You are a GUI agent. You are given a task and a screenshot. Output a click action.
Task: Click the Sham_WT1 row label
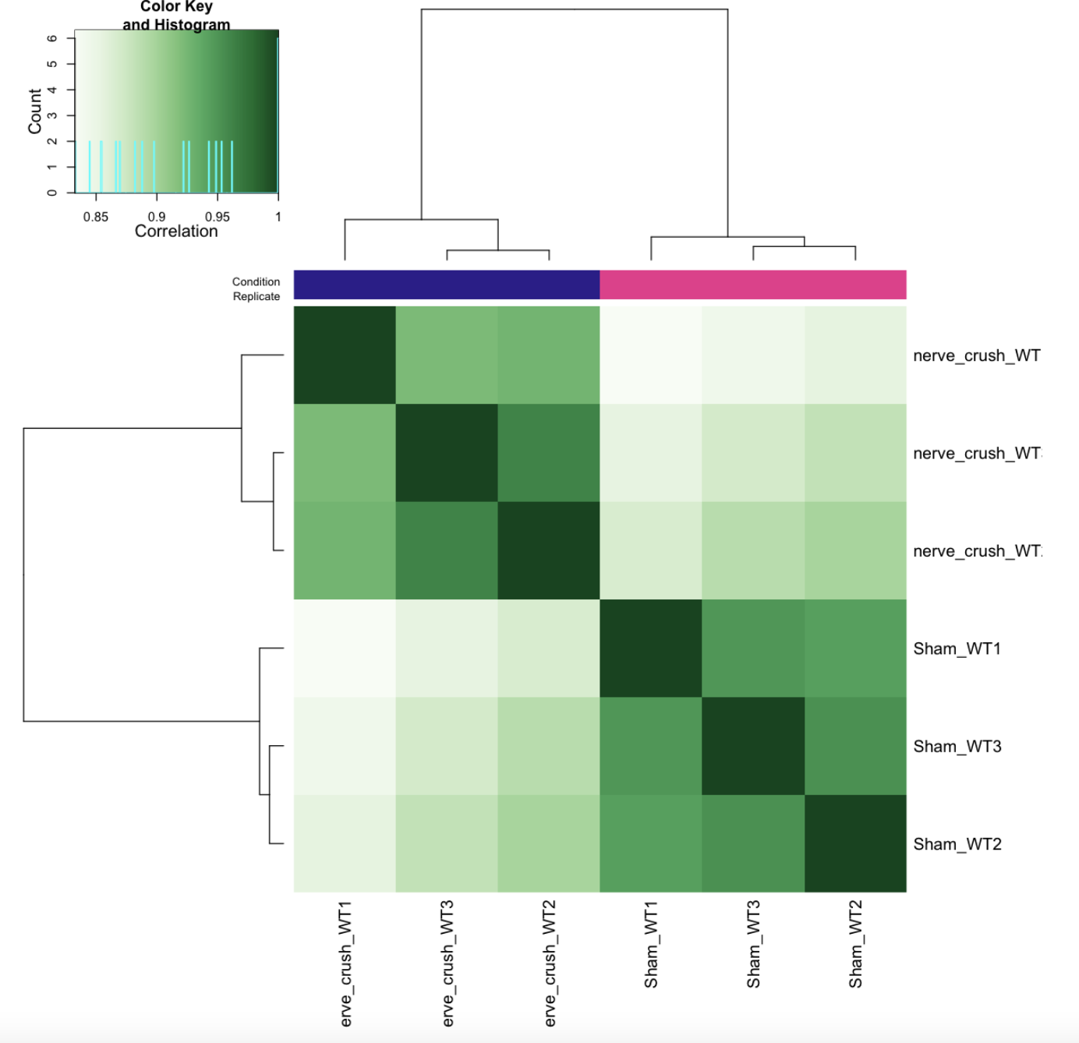pos(957,649)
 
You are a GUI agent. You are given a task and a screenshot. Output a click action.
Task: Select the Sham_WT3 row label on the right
pos(957,747)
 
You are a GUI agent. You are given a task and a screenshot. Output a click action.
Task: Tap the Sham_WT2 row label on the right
pos(957,844)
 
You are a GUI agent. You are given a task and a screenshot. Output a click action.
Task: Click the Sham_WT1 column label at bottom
pos(651,944)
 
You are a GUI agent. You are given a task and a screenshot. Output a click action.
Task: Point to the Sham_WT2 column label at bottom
pos(855,944)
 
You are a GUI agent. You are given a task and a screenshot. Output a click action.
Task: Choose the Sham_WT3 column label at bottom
pos(753,944)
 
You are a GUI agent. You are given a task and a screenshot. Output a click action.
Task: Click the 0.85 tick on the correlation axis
pos(96,217)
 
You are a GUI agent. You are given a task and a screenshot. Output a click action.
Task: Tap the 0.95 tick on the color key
pos(218,217)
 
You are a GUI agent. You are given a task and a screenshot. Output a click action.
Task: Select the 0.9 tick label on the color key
pos(157,217)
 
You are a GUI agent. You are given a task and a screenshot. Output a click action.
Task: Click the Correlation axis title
pos(176,232)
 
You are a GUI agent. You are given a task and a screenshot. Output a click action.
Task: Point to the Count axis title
pos(35,111)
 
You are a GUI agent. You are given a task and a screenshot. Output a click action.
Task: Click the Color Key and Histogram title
pos(176,16)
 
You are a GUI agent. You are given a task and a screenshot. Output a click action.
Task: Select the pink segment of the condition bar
pos(753,285)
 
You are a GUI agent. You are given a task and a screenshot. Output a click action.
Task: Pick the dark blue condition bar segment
pos(447,285)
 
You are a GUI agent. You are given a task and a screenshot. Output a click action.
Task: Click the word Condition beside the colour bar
pos(256,281)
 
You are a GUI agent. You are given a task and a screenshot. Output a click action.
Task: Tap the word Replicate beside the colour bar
pos(256,296)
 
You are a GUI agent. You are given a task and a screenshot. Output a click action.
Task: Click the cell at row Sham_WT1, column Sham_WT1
pos(651,649)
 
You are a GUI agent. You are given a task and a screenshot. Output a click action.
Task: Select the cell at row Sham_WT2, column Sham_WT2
pos(855,843)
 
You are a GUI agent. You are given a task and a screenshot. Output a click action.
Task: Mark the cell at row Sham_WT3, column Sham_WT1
pos(651,746)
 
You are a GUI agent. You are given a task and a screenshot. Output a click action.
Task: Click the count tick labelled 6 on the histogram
pos(52,38)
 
